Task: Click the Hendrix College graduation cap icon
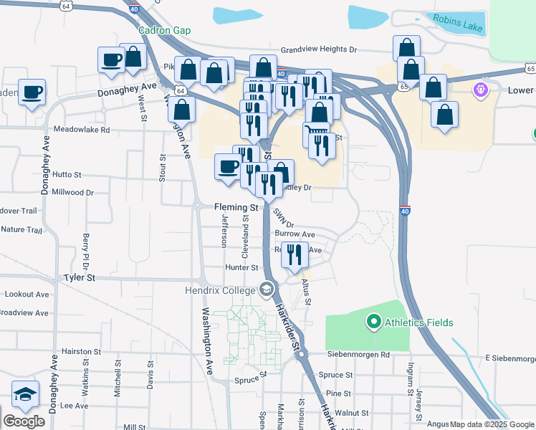coord(267,290)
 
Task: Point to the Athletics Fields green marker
coord(373,322)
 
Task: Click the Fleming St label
coord(236,206)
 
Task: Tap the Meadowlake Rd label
coord(82,130)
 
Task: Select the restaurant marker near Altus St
coord(295,254)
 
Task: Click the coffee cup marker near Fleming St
coord(229,167)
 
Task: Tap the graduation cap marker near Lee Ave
coord(25,393)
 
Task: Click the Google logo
coord(24,421)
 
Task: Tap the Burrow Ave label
coord(295,234)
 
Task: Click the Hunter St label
coord(241,267)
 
